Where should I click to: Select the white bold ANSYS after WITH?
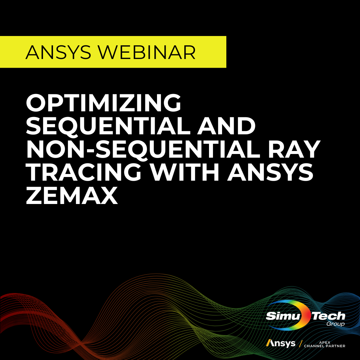270,173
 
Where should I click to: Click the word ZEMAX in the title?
72,196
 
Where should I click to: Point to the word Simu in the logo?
283,316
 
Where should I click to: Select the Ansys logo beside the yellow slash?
281,343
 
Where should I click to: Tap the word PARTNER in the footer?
335,346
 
